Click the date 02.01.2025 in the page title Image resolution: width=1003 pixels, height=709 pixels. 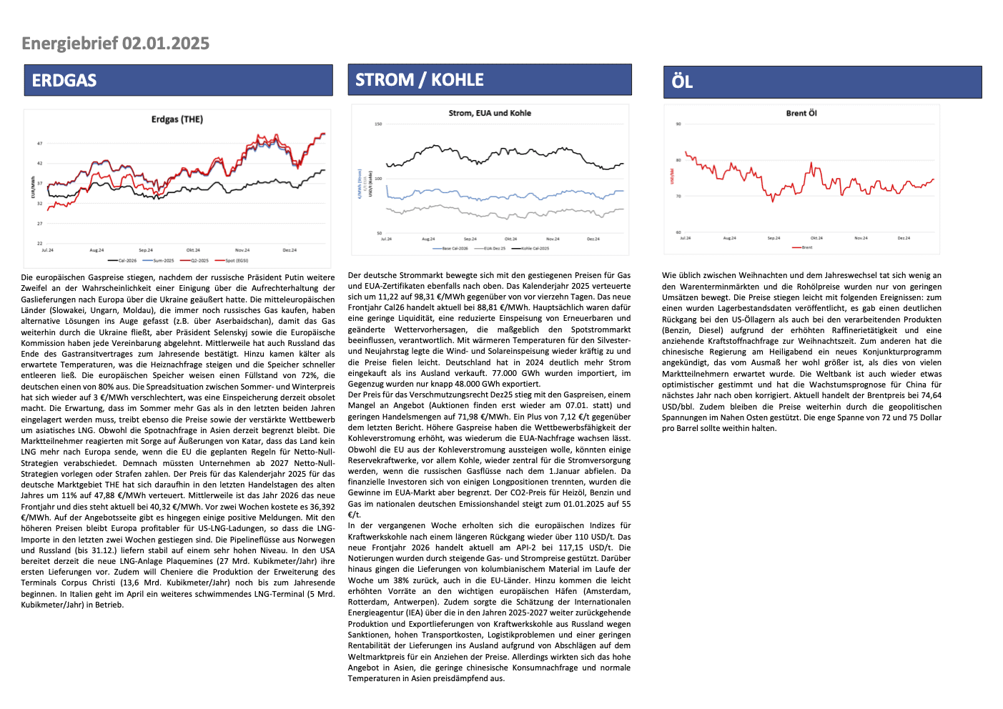tap(166, 44)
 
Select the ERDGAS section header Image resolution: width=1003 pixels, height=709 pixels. tap(64, 81)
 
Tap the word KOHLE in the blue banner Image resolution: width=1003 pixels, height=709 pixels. tap(458, 80)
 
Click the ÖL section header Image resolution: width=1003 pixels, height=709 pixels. tap(682, 81)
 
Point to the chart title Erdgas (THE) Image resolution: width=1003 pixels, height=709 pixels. tap(177, 119)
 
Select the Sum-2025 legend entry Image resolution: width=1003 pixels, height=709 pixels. tap(163, 261)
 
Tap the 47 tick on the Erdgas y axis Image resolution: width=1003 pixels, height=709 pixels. tap(40, 144)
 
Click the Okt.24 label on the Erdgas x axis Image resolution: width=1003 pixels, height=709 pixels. tap(194, 250)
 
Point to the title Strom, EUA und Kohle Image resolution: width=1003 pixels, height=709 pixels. tap(490, 113)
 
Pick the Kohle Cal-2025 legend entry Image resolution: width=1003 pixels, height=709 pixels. tap(535, 249)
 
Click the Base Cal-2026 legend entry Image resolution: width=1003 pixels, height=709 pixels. tap(455, 249)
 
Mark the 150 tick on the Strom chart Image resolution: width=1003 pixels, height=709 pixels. tap(378, 124)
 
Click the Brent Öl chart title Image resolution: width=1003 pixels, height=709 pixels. tap(801, 113)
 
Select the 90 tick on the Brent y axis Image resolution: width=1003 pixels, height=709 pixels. tap(678, 124)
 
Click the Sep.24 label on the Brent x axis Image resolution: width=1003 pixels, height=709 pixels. tap(774, 238)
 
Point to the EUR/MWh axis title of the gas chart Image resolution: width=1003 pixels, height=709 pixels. tap(33, 187)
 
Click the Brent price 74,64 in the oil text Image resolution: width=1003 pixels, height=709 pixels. tap(931, 395)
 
